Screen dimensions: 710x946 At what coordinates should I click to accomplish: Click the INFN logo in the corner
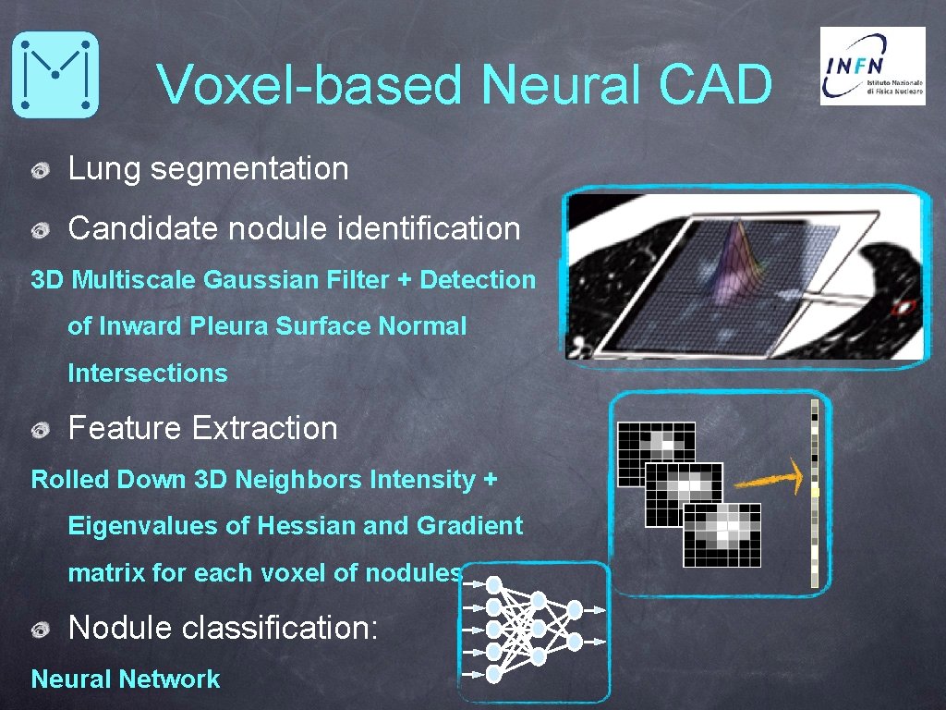[872, 66]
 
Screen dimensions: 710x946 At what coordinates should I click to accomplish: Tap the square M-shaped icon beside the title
[55, 74]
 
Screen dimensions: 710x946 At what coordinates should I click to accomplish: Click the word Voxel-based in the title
[309, 85]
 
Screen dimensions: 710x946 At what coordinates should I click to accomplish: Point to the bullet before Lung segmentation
[41, 171]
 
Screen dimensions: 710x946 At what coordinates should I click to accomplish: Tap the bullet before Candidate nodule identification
[41, 229]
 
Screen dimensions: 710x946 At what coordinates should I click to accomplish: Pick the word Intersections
[147, 373]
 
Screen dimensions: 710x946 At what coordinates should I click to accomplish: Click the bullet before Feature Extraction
[41, 430]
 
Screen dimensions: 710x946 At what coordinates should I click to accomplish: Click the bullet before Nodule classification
[41, 630]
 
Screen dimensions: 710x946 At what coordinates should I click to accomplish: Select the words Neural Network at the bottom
[126, 679]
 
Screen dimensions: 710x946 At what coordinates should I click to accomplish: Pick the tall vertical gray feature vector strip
[814, 494]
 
